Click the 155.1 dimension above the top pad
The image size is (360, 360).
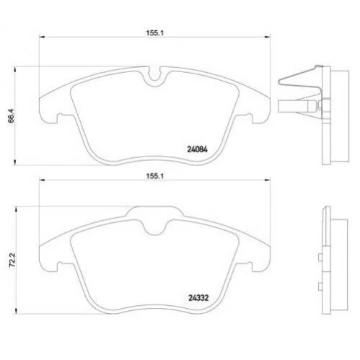click(154, 33)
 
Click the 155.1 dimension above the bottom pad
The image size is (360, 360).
click(154, 176)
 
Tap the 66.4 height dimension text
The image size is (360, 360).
click(12, 116)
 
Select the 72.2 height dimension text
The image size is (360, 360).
click(12, 260)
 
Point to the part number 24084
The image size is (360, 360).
click(197, 149)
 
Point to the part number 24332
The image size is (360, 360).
click(198, 298)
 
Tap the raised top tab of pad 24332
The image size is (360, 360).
click(154, 211)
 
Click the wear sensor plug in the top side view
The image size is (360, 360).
click(297, 106)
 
